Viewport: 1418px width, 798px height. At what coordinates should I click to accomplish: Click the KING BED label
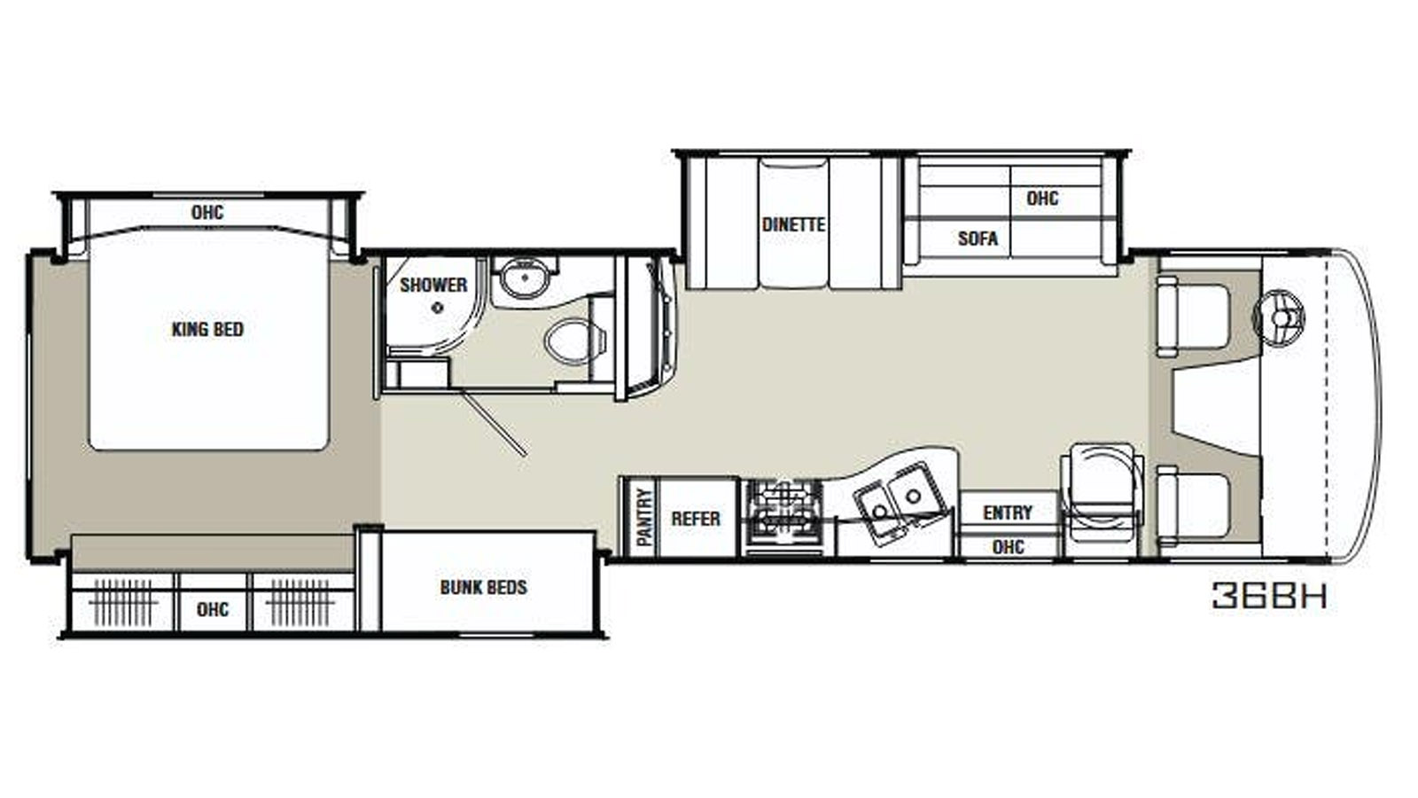pos(207,329)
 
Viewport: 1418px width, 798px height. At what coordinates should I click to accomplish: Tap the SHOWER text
pos(433,285)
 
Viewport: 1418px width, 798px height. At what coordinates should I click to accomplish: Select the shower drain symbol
pos(438,308)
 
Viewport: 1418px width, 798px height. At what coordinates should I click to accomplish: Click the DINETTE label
pos(794,225)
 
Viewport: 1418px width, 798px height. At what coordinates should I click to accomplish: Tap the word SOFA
pos(978,239)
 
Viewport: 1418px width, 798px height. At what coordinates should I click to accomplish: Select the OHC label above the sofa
pos(1042,199)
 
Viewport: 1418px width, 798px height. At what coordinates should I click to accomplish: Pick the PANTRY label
pos(644,517)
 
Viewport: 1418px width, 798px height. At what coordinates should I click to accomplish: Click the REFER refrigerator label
pos(696,519)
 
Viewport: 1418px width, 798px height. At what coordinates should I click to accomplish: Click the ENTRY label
pos(1008,512)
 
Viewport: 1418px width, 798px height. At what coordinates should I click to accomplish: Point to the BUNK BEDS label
pos(484,587)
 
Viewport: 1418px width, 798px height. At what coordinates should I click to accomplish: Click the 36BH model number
pos(1269,595)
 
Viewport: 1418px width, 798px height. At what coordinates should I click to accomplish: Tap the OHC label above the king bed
pos(207,212)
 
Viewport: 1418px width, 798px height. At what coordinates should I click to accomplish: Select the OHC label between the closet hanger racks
pos(213,609)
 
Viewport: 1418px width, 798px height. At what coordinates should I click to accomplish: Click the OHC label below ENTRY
pos(1009,546)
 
